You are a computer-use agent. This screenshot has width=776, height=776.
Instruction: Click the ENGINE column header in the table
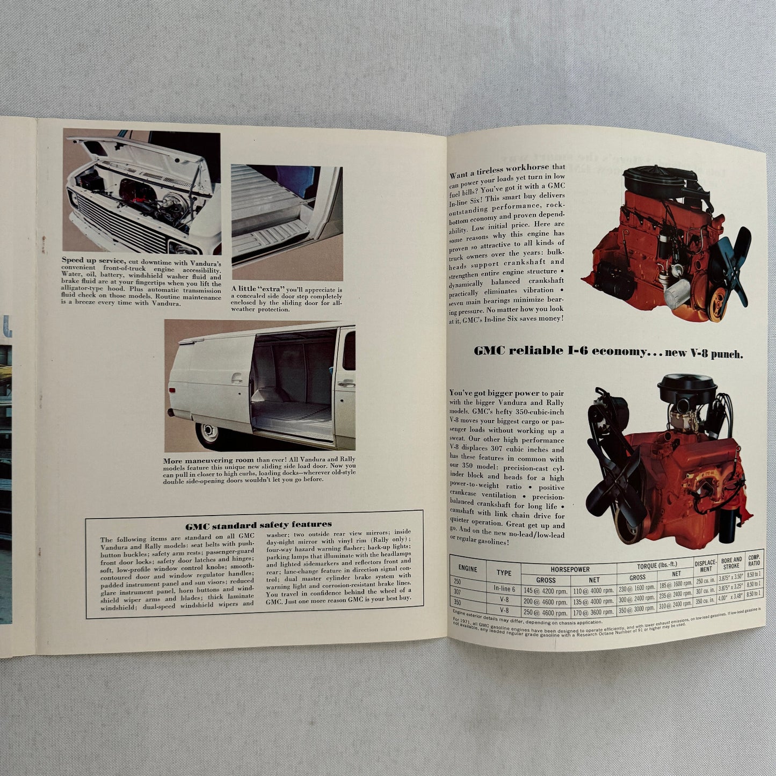pyautogui.click(x=467, y=568)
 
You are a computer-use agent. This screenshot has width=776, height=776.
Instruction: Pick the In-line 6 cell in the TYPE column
pyautogui.click(x=504, y=589)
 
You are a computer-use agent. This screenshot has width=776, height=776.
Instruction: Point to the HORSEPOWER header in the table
pyautogui.click(x=569, y=569)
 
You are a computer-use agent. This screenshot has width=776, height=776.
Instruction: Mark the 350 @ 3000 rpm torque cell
pyautogui.click(x=637, y=612)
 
